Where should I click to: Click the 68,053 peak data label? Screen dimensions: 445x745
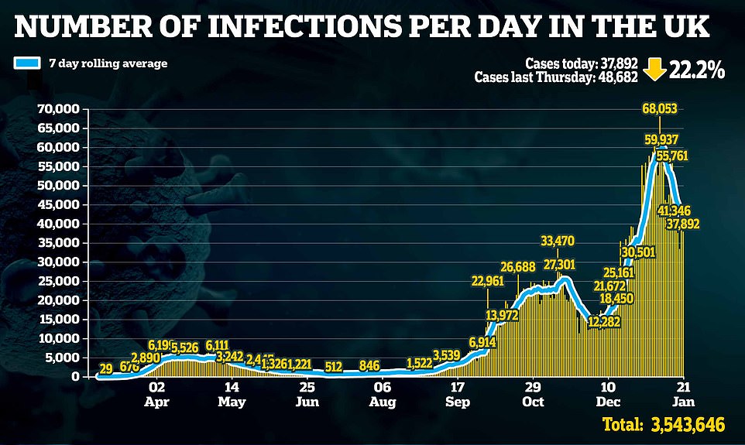(x=660, y=108)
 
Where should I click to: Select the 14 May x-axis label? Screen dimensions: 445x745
(x=232, y=395)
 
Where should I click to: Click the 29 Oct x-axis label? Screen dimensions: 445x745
(x=533, y=395)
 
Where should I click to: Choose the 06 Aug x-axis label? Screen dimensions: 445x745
(x=382, y=395)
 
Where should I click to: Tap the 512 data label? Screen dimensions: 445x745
(x=334, y=366)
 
